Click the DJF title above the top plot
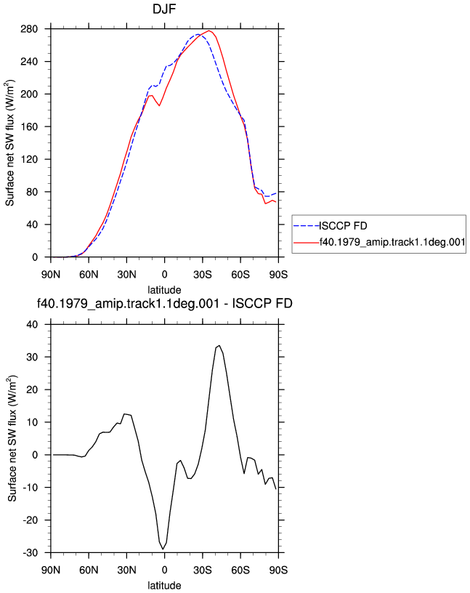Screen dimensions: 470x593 pyautogui.click(x=164, y=9)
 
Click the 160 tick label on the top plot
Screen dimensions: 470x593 pyautogui.click(x=29, y=126)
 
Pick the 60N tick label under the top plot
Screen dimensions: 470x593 pyautogui.click(x=89, y=275)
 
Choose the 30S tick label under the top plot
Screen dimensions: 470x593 pyautogui.click(x=202, y=275)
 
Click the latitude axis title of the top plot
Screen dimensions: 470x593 pyautogui.click(x=164, y=290)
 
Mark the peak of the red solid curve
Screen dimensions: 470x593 pyautogui.click(x=209, y=31)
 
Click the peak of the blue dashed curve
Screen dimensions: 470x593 pyautogui.click(x=198, y=34)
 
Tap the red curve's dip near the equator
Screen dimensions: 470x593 pyautogui.click(x=160, y=105)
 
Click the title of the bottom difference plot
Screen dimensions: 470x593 pyautogui.click(x=164, y=303)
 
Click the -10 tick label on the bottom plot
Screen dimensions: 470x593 pyautogui.click(x=31, y=488)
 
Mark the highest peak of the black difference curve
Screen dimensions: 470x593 pyautogui.click(x=219, y=345)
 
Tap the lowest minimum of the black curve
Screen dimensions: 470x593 pyautogui.click(x=163, y=549)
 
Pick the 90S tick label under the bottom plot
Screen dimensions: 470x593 pyautogui.click(x=278, y=570)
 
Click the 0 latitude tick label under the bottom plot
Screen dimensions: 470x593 pyautogui.click(x=164, y=570)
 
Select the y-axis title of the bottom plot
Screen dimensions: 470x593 pyautogui.click(x=12, y=438)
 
